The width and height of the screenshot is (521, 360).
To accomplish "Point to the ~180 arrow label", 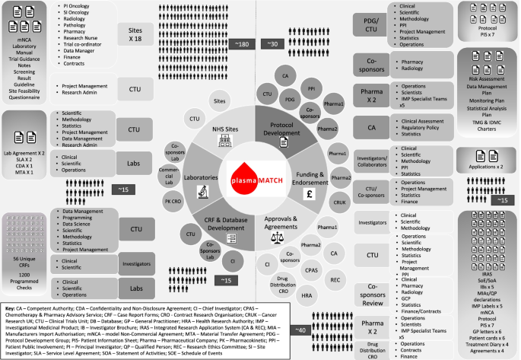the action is point(241,45).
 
